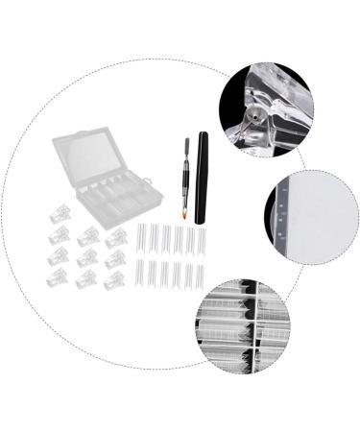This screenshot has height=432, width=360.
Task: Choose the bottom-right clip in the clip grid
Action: coord(114,281)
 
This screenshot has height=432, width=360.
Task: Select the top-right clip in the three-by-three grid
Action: coord(116,235)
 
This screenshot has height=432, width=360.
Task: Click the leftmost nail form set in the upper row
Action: coord(142,240)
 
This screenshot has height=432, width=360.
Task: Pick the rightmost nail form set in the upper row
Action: coord(200,240)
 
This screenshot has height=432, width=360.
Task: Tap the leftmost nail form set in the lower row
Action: coord(142,274)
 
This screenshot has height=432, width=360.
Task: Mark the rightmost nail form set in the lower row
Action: coord(200,274)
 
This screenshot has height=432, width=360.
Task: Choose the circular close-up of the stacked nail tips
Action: coord(243,324)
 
